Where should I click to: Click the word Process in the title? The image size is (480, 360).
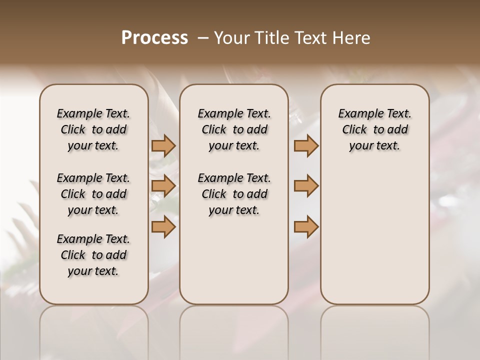tap(154, 38)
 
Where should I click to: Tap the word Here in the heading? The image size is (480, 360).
tap(351, 38)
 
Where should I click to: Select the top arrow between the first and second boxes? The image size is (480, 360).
tap(163, 146)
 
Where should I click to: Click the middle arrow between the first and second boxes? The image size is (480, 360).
tap(163, 186)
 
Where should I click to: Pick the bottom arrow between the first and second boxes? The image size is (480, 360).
tap(163, 226)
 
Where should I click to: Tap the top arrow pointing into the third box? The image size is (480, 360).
tap(306, 146)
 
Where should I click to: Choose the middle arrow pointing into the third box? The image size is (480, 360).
tap(306, 186)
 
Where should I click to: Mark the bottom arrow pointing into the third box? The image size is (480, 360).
tap(306, 226)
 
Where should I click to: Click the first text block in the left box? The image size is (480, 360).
tap(93, 129)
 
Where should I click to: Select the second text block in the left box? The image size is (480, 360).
tap(93, 194)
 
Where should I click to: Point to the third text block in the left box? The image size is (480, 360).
tap(93, 255)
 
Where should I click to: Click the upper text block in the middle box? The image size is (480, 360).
tap(234, 129)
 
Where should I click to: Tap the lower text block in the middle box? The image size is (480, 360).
tap(234, 194)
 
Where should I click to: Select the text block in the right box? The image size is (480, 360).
tap(374, 129)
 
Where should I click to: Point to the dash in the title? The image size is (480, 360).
tap(203, 38)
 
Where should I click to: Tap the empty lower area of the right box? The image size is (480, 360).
tap(374, 235)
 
